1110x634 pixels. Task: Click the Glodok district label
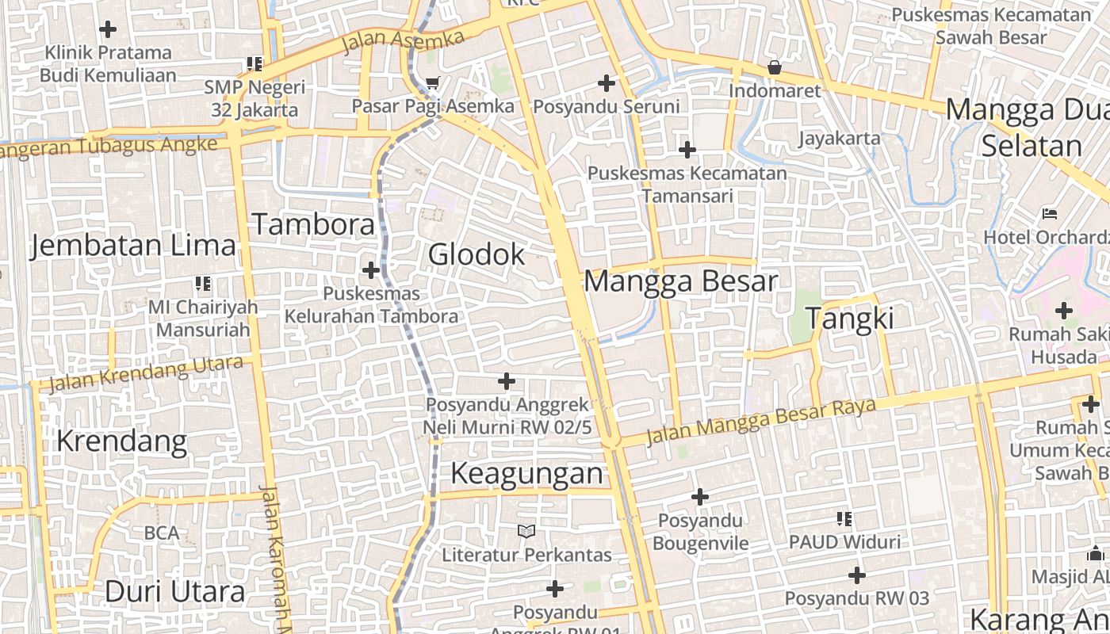click(477, 254)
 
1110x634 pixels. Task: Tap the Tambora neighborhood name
click(313, 225)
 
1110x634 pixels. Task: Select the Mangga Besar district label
click(681, 281)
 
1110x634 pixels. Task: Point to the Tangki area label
click(850, 319)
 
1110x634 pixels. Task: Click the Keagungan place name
click(527, 474)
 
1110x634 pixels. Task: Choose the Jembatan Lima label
click(133, 246)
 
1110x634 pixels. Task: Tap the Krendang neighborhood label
click(121, 441)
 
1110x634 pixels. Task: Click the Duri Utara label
click(175, 591)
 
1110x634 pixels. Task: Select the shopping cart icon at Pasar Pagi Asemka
click(432, 83)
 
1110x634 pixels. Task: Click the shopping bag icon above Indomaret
click(775, 68)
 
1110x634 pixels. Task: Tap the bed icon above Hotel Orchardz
click(1050, 214)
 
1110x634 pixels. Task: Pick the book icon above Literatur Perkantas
click(526, 531)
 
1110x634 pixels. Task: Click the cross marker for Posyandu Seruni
click(607, 82)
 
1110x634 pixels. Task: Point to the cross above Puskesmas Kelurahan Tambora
click(370, 270)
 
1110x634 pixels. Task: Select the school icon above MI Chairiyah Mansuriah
click(203, 283)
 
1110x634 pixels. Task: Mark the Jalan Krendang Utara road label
click(146, 374)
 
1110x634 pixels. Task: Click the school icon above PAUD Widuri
click(844, 519)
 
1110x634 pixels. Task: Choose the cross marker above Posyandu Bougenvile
click(699, 497)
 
